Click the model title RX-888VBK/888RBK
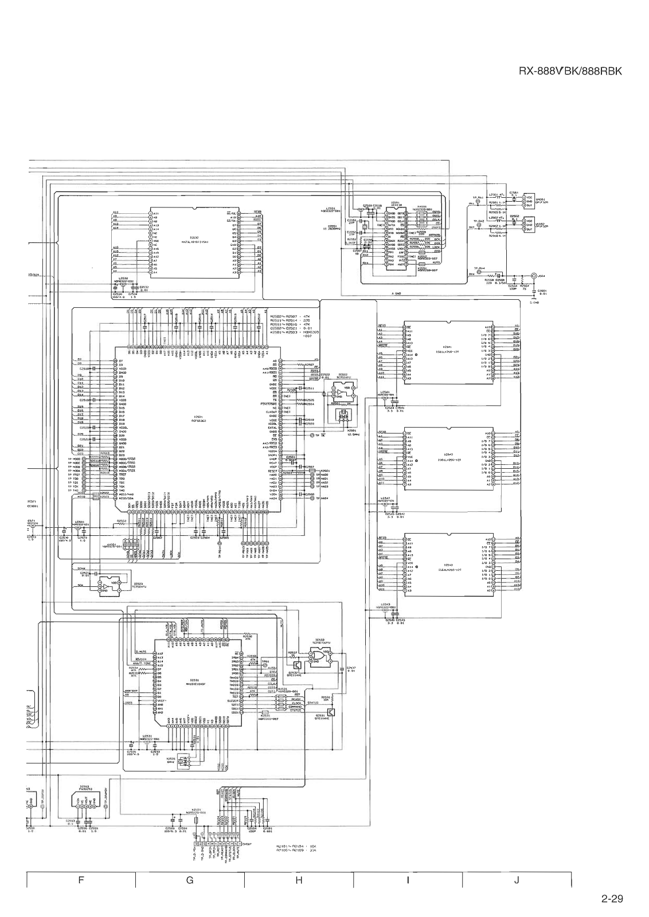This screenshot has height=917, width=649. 570,72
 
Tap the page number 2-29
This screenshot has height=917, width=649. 612,899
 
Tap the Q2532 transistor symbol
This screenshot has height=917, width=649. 296,665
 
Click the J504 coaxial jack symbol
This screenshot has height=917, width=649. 534,275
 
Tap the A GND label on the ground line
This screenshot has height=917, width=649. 396,293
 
